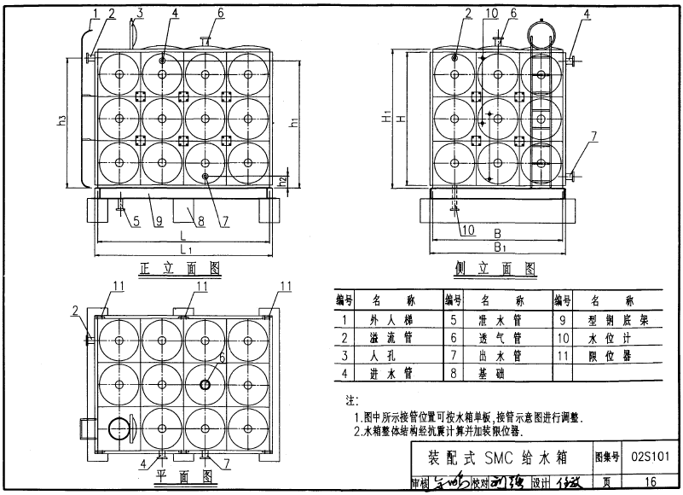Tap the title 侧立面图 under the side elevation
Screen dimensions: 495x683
click(x=495, y=269)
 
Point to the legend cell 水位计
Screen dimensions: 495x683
click(x=608, y=338)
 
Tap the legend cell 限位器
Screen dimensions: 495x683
click(x=608, y=355)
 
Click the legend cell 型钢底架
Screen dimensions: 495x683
click(x=608, y=321)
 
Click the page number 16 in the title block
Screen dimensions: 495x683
click(x=651, y=482)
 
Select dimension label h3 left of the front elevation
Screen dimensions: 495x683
click(x=62, y=121)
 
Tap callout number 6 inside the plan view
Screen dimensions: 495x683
click(x=222, y=358)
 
